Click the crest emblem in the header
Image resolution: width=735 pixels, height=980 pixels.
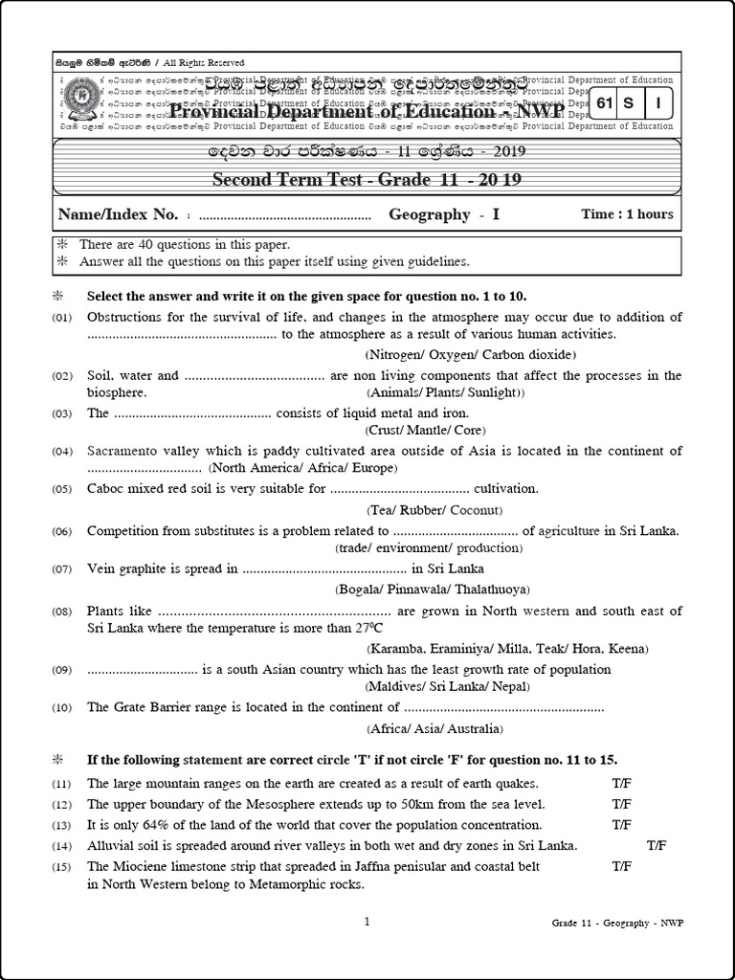coord(77,100)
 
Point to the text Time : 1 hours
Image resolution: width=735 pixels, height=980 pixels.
coord(627,214)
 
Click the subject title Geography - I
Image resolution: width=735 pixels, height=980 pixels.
coord(444,214)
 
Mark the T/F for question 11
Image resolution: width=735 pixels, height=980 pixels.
coord(622,783)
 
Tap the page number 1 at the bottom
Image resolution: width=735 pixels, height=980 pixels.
coord(367,922)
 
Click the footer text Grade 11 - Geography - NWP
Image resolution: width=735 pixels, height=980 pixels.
coord(617,923)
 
